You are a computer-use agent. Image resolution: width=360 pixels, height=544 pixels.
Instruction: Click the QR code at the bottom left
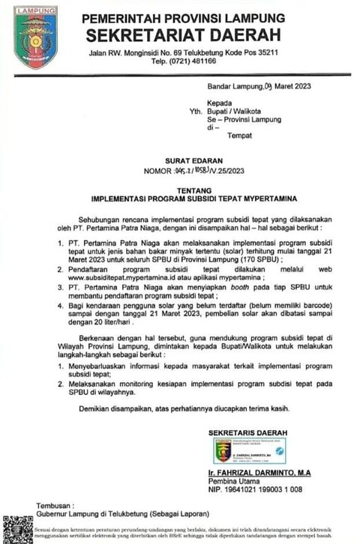pos(16,529)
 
